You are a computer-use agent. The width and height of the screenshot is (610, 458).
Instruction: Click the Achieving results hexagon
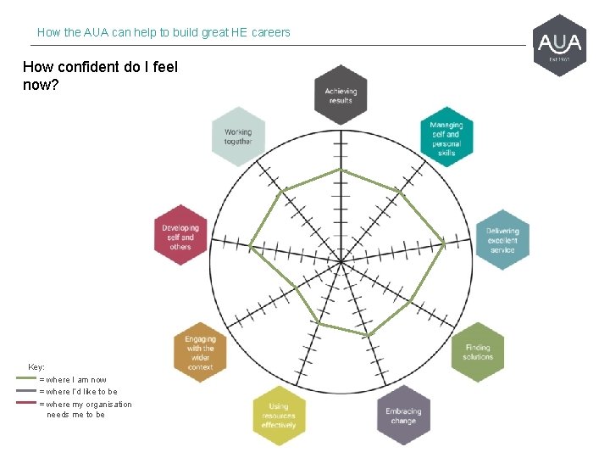341,95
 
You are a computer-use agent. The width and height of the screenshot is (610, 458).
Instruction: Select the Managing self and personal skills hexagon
446,137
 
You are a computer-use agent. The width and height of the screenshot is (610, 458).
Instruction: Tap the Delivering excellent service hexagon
502,239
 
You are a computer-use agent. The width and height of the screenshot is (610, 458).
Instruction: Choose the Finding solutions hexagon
477,352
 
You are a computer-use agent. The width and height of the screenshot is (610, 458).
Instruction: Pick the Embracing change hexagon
403,416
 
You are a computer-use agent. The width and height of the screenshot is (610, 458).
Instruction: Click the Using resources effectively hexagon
279,416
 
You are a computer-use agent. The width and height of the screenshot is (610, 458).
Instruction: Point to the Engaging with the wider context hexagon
200,352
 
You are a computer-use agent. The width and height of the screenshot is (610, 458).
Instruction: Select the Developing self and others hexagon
180,236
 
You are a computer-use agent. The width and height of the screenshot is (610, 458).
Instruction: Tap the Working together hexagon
238,137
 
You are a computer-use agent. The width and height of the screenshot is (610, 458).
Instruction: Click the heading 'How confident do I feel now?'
100,75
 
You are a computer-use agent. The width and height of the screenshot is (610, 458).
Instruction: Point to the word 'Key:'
36,367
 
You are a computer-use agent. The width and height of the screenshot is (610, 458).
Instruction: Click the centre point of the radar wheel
341,261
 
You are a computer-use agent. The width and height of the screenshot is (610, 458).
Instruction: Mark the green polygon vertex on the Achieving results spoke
341,170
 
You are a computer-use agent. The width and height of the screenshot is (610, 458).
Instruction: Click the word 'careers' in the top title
270,32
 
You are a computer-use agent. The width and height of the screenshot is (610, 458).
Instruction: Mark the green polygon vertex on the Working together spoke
286,187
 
